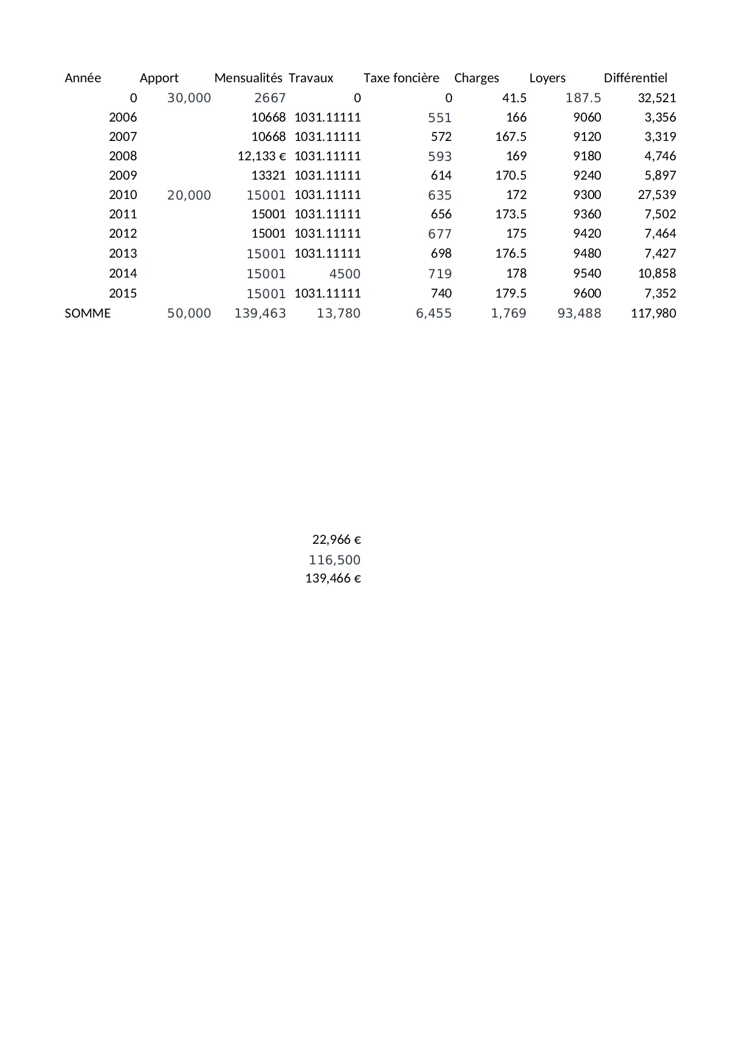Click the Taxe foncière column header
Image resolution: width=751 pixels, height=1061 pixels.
pyautogui.click(x=401, y=78)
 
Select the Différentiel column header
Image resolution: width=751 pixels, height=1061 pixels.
pyautogui.click(x=635, y=78)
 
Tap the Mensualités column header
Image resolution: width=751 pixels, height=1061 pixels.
pyautogui.click(x=248, y=78)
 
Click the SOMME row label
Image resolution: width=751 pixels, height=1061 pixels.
pyautogui.click(x=88, y=313)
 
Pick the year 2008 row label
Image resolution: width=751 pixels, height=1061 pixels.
pyautogui.click(x=123, y=156)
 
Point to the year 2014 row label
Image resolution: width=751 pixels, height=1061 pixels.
pyautogui.click(x=123, y=273)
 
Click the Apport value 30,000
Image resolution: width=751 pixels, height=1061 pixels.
pyautogui.click(x=189, y=98)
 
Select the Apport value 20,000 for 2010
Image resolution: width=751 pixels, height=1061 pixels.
pyautogui.click(x=189, y=195)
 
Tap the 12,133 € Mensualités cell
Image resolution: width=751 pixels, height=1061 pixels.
pyautogui.click(x=261, y=156)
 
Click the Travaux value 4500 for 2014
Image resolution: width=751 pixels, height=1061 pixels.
pyautogui.click(x=344, y=274)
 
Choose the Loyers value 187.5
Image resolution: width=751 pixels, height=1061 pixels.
pyautogui.click(x=583, y=98)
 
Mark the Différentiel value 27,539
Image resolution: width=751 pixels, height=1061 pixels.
pyautogui.click(x=657, y=195)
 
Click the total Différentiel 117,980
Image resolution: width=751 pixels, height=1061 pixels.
pyautogui.click(x=653, y=313)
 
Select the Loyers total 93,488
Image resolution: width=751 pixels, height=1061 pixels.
pyautogui.click(x=579, y=313)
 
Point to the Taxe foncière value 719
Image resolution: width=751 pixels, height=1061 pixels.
pyautogui.click(x=440, y=274)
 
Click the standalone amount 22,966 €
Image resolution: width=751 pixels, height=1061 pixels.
pyautogui.click(x=336, y=540)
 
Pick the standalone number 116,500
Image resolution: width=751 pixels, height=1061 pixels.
pyautogui.click(x=335, y=560)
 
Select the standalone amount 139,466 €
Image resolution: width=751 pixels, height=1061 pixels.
pyautogui.click(x=333, y=578)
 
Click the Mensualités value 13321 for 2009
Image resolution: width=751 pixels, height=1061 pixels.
pyautogui.click(x=268, y=175)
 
